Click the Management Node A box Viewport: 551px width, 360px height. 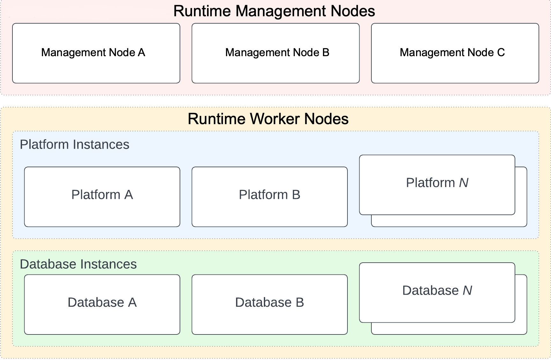[x=96, y=53]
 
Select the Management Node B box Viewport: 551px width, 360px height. [x=275, y=53]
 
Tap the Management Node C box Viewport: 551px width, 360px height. [x=455, y=53]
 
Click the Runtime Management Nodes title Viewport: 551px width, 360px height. [x=274, y=11]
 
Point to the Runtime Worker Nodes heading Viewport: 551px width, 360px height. [x=268, y=119]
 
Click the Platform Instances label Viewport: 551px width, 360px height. [x=74, y=145]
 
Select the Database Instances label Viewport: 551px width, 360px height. [x=78, y=264]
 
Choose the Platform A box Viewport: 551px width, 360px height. [x=102, y=197]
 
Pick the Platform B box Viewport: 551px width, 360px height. [x=270, y=197]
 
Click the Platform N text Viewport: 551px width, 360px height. [x=437, y=183]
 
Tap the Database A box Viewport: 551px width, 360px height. [x=102, y=304]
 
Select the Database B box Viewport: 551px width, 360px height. [x=270, y=304]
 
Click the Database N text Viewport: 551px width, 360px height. [x=437, y=290]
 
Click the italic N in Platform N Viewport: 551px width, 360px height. [x=464, y=183]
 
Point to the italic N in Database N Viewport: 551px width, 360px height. [x=467, y=290]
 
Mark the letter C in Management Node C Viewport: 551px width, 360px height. [x=501, y=53]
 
